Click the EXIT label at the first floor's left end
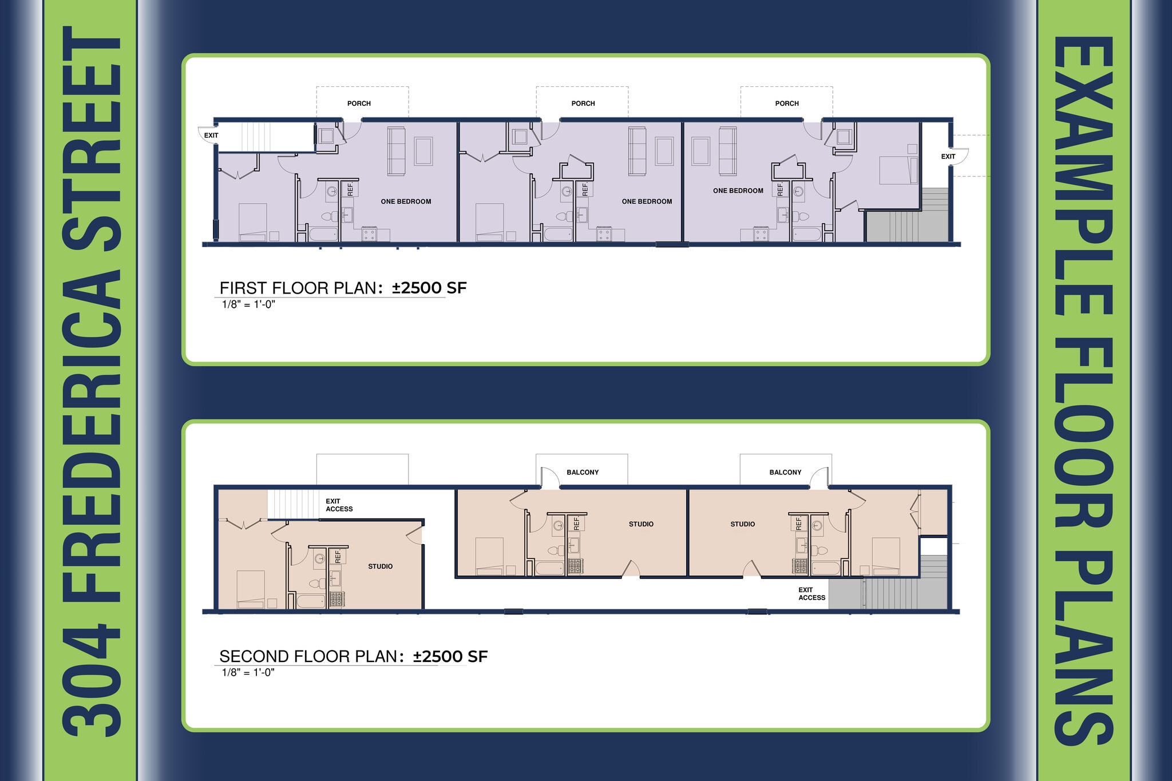pyautogui.click(x=211, y=136)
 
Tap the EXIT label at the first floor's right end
pyautogui.click(x=948, y=157)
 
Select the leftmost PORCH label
pyautogui.click(x=359, y=104)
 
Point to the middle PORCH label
pyautogui.click(x=583, y=104)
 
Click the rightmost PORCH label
pyautogui.click(x=787, y=104)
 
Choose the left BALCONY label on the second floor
pyautogui.click(x=583, y=473)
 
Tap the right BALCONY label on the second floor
pyautogui.click(x=785, y=473)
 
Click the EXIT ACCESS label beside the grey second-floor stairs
pyautogui.click(x=812, y=594)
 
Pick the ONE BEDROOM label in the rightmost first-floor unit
pyautogui.click(x=738, y=191)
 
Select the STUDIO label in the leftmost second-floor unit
pyautogui.click(x=381, y=566)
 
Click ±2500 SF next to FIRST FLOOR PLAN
pyautogui.click(x=429, y=288)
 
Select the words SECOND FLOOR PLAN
pyautogui.click(x=308, y=656)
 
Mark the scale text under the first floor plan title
pyautogui.click(x=248, y=304)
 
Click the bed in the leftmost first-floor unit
pyautogui.click(x=252, y=222)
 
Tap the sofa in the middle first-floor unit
pyautogui.click(x=638, y=151)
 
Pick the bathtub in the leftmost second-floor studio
pyautogui.click(x=310, y=601)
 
